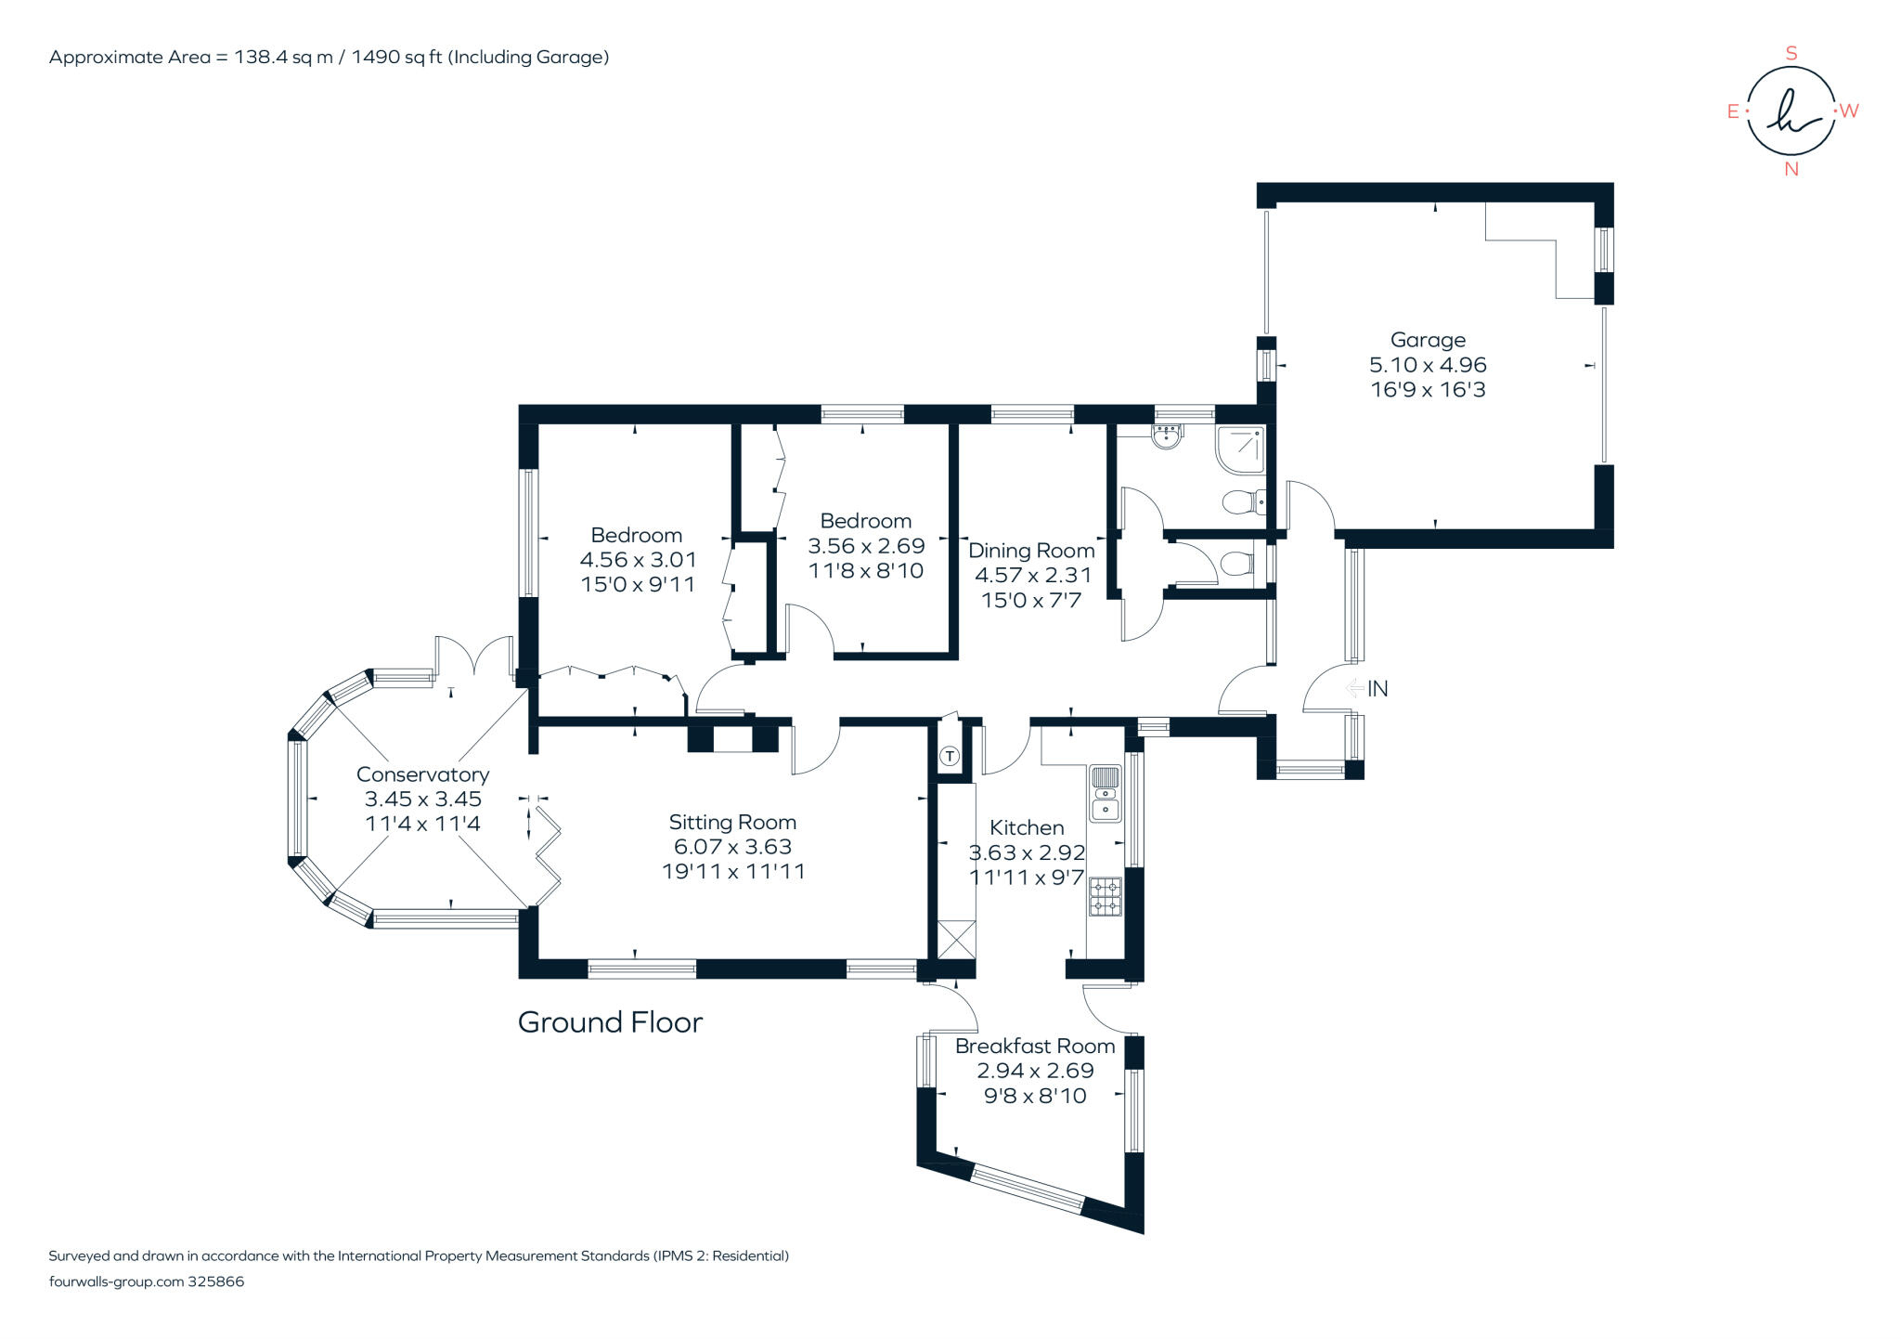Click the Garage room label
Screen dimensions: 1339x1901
(x=1428, y=340)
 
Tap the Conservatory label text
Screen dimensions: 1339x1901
(x=422, y=774)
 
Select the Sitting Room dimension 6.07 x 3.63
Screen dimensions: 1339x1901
(x=732, y=847)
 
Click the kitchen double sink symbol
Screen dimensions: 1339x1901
(x=1105, y=794)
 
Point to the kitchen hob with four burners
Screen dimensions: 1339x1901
(x=1105, y=896)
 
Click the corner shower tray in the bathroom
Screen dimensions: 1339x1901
(x=1241, y=448)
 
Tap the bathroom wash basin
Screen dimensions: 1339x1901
(x=1167, y=435)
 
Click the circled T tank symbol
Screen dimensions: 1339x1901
(x=950, y=757)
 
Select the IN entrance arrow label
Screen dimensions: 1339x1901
(x=1377, y=688)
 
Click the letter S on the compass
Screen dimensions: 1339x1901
(x=1791, y=54)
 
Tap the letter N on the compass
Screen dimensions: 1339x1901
(x=1791, y=169)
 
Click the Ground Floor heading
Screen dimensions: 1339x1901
(x=610, y=1022)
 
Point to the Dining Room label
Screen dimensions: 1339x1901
(x=1031, y=551)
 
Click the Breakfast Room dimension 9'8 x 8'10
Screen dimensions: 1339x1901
(x=1035, y=1096)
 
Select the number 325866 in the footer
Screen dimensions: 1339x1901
(x=215, y=1281)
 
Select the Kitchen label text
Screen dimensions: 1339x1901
(x=1027, y=827)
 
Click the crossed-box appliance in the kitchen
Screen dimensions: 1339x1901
(x=956, y=940)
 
